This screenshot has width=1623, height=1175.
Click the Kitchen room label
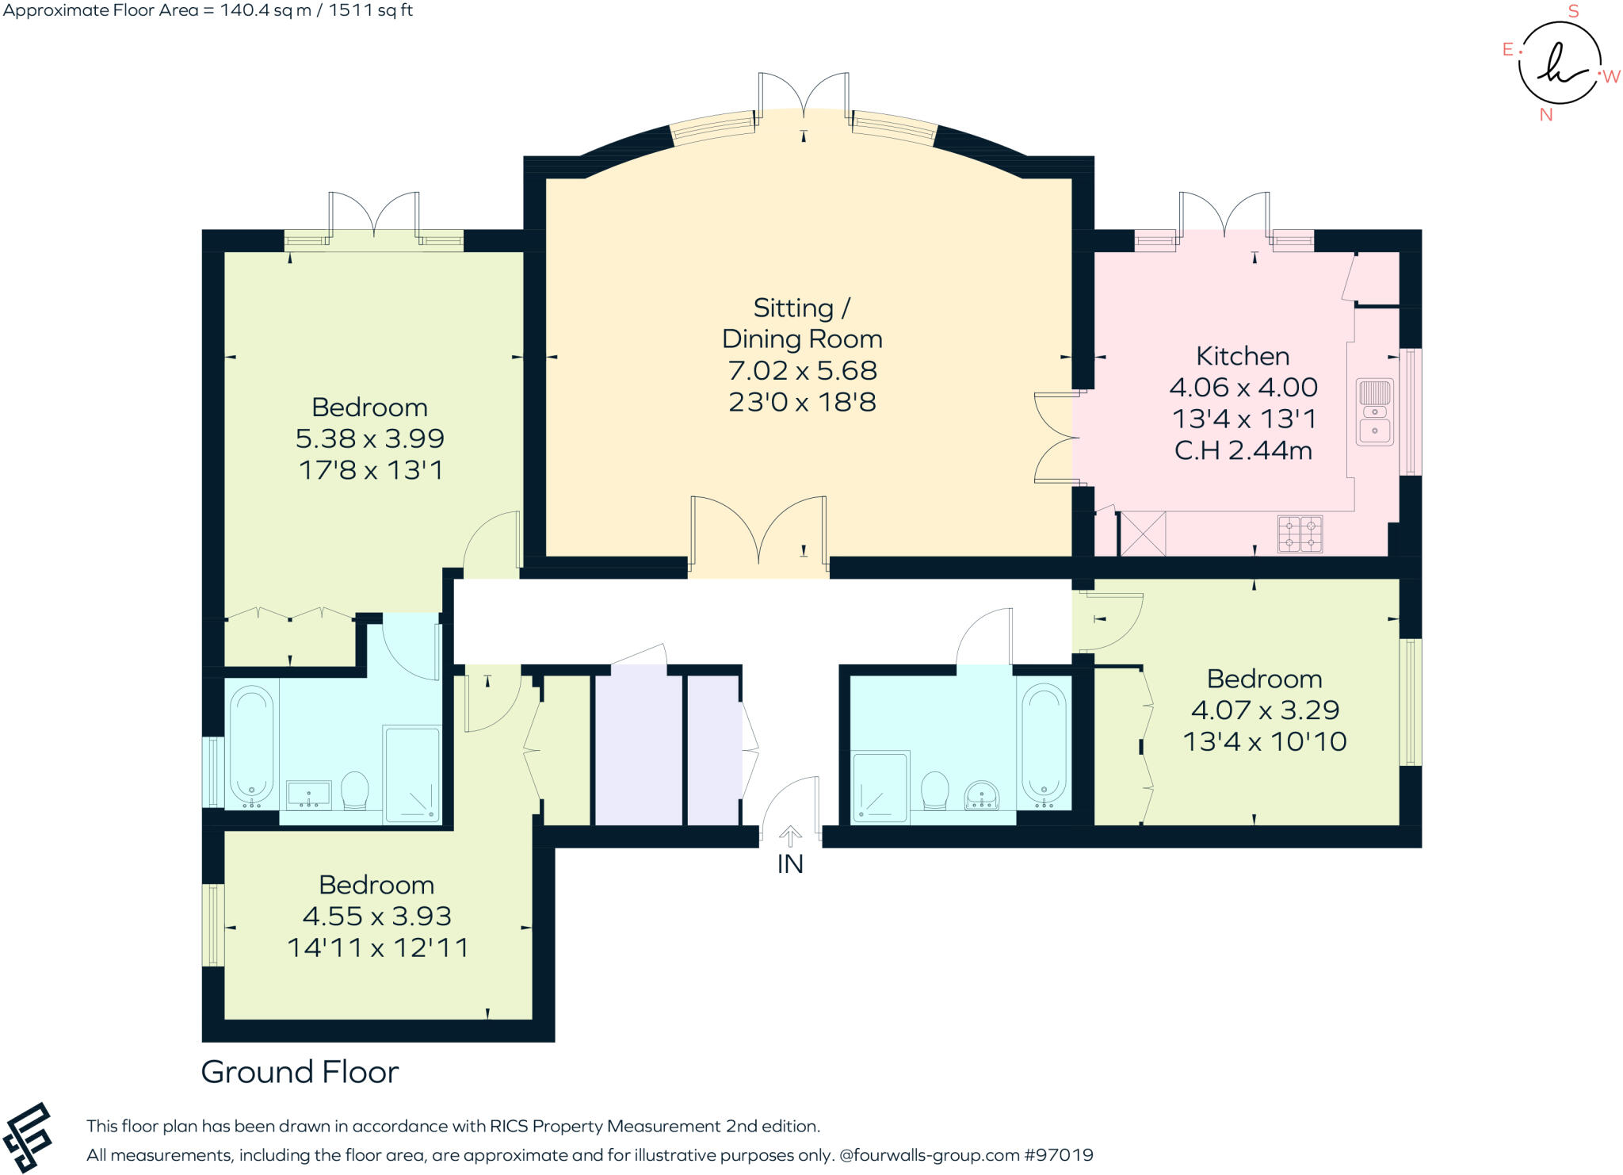(1242, 356)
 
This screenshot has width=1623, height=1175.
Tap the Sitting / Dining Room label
(802, 323)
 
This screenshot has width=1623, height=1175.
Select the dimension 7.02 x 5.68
(802, 370)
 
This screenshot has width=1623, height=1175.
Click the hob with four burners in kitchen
(1300, 534)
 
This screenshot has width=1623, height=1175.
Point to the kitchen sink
(1375, 411)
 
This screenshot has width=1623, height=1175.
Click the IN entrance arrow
(790, 836)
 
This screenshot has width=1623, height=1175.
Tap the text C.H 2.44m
(1243, 450)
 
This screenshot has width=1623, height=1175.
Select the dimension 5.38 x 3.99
(369, 438)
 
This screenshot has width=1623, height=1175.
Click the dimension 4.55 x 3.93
(376, 917)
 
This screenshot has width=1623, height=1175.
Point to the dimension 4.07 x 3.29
(1265, 710)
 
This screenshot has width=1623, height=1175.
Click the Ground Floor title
(300, 1072)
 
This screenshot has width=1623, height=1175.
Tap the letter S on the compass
(1573, 11)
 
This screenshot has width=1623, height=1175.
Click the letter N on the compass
(1545, 115)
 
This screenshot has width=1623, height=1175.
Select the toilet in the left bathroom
(355, 790)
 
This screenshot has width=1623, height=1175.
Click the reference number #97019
(1059, 1155)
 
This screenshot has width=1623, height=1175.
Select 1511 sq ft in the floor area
(370, 10)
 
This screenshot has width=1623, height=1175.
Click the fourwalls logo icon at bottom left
(28, 1138)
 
